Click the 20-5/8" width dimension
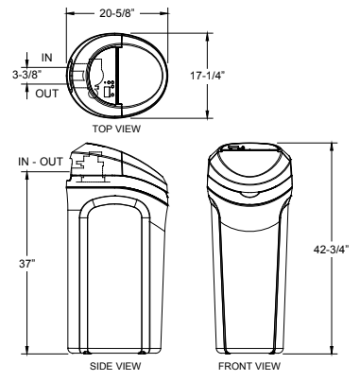117,13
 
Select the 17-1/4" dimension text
207,76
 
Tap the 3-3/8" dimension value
26,75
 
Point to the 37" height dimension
27,264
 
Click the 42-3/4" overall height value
332,250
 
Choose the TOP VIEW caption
116,129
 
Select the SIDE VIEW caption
115,366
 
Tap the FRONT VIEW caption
249,366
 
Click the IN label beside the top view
47,58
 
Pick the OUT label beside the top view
47,94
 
